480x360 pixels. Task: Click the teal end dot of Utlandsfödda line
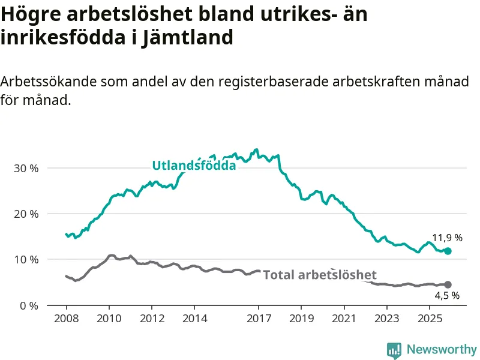pyautogui.click(x=448, y=251)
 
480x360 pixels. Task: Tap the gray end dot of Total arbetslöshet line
pyautogui.click(x=448, y=284)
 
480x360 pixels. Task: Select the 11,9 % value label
pyautogui.click(x=447, y=238)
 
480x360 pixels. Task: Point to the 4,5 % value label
pyautogui.click(x=447, y=295)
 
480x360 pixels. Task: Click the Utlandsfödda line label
pyautogui.click(x=194, y=166)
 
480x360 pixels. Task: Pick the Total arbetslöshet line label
pyautogui.click(x=320, y=275)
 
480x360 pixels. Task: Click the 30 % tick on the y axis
pyautogui.click(x=26, y=168)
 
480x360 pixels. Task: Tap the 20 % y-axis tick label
pyautogui.click(x=26, y=214)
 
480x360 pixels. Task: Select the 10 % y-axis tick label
pyautogui.click(x=26, y=260)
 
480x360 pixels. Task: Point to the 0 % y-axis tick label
pyautogui.click(x=29, y=305)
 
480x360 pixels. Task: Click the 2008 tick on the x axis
pyautogui.click(x=66, y=317)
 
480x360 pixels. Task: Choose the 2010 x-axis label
pyautogui.click(x=109, y=317)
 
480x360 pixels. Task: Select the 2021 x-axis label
pyautogui.click(x=344, y=317)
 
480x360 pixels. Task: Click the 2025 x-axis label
pyautogui.click(x=429, y=317)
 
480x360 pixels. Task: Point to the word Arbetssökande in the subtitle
pyautogui.click(x=49, y=82)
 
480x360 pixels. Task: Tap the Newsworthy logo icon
pyautogui.click(x=394, y=350)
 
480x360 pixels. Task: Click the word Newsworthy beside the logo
pyautogui.click(x=442, y=349)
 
